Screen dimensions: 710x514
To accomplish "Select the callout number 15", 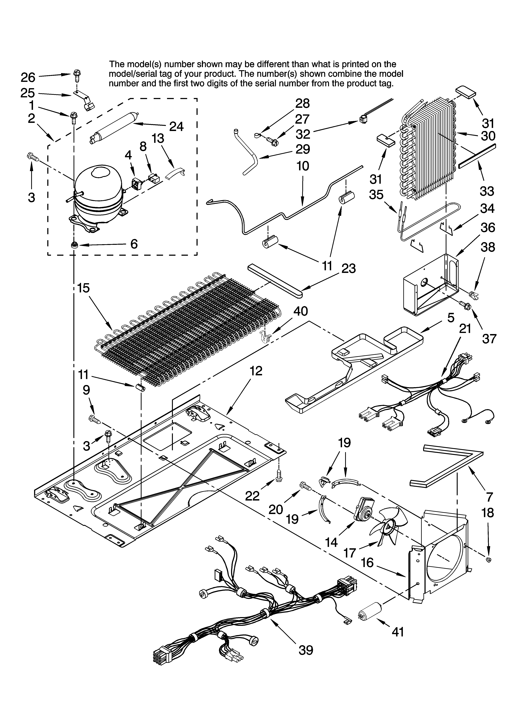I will coord(83,288).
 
